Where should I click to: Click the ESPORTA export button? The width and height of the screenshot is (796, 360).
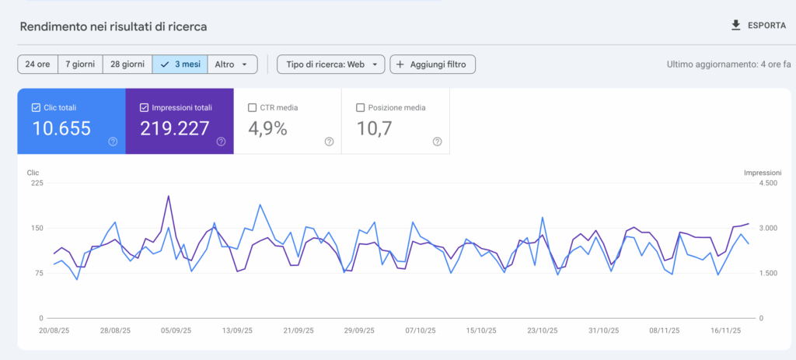[758, 26]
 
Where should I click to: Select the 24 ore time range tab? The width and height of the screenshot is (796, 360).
[37, 65]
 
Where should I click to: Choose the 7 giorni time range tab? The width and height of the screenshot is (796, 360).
[81, 65]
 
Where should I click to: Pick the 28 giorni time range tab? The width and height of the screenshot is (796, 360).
[127, 65]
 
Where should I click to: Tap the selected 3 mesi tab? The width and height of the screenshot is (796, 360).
[180, 65]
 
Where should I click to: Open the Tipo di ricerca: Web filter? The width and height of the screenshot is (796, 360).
[330, 65]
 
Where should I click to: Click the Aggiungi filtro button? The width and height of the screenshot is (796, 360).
[432, 65]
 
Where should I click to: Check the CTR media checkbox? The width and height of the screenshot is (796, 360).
[252, 108]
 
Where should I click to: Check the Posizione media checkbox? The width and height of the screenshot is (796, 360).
[360, 108]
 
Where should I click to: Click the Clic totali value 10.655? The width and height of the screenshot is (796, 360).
[61, 129]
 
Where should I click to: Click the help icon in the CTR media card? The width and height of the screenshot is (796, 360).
[329, 142]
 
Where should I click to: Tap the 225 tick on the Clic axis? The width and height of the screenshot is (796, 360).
[37, 183]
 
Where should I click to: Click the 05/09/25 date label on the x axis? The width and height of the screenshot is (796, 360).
[176, 330]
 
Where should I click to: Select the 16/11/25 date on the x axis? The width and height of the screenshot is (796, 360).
[725, 330]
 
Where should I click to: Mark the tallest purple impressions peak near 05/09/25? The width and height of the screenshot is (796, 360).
[169, 196]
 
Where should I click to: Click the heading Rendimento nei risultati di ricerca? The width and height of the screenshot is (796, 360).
[113, 26]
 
